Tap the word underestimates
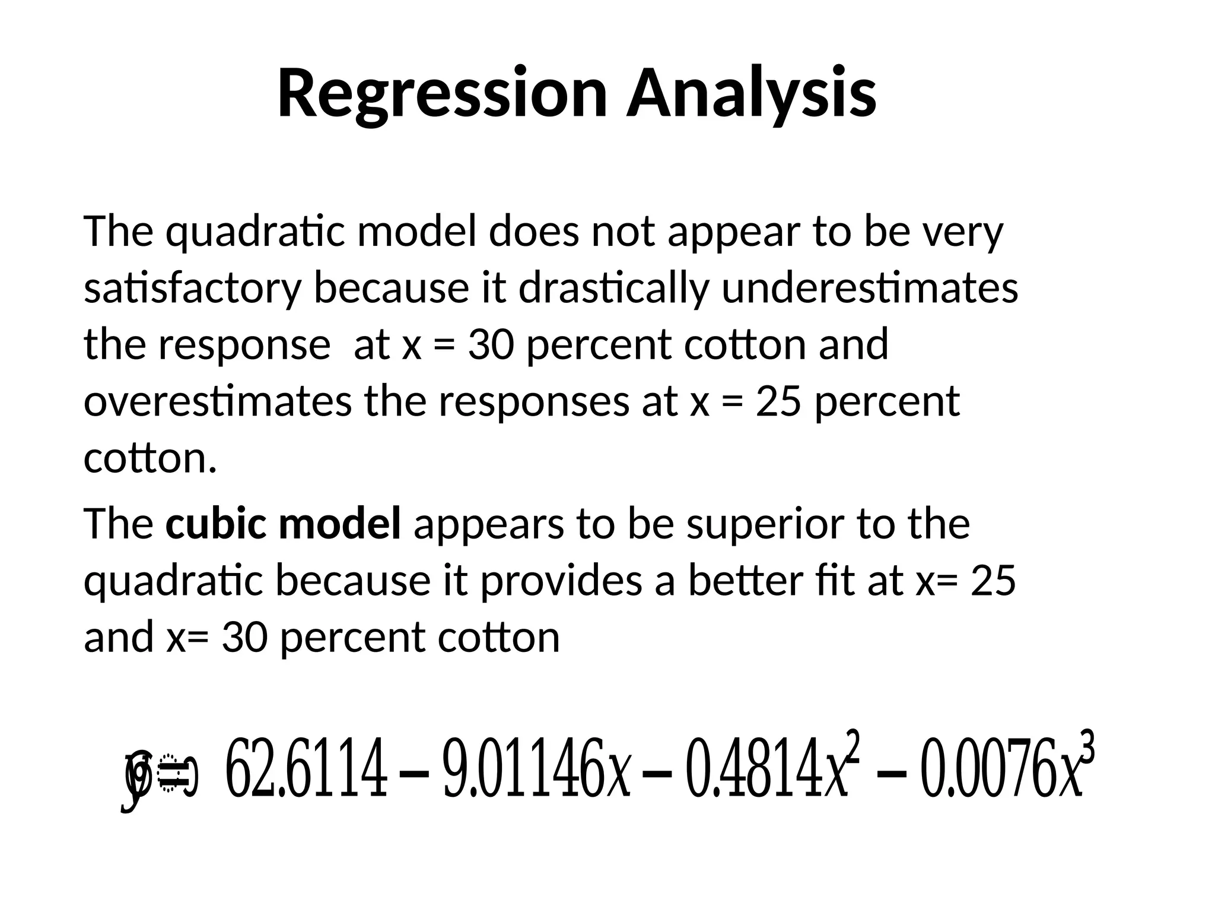point(870,289)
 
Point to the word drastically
point(613,289)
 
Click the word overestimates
point(218,401)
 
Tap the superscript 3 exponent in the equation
point(1087,749)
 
